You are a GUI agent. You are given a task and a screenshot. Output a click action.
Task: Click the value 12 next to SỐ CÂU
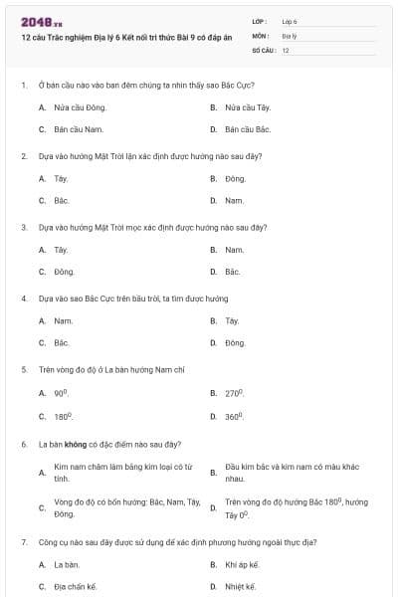[286, 49]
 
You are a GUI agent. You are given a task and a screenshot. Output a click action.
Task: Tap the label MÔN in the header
[262, 35]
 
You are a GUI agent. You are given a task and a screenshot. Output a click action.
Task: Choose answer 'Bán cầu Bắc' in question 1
[248, 129]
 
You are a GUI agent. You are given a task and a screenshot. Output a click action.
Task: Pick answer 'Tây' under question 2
[61, 178]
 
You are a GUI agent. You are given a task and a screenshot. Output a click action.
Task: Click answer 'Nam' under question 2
[235, 201]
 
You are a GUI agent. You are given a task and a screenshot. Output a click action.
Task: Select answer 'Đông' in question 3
[65, 272]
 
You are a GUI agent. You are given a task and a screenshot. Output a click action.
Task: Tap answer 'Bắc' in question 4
[62, 343]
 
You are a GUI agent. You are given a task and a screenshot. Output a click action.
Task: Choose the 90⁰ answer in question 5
[62, 393]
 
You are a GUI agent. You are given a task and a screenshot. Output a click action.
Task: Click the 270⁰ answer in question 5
[235, 393]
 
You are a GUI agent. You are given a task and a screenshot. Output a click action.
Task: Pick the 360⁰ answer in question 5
[235, 416]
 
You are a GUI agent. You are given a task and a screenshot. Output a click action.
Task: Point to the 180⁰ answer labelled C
[64, 416]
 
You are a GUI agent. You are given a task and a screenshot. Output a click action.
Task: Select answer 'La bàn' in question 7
[66, 564]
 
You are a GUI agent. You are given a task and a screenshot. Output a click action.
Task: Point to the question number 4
[23, 298]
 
